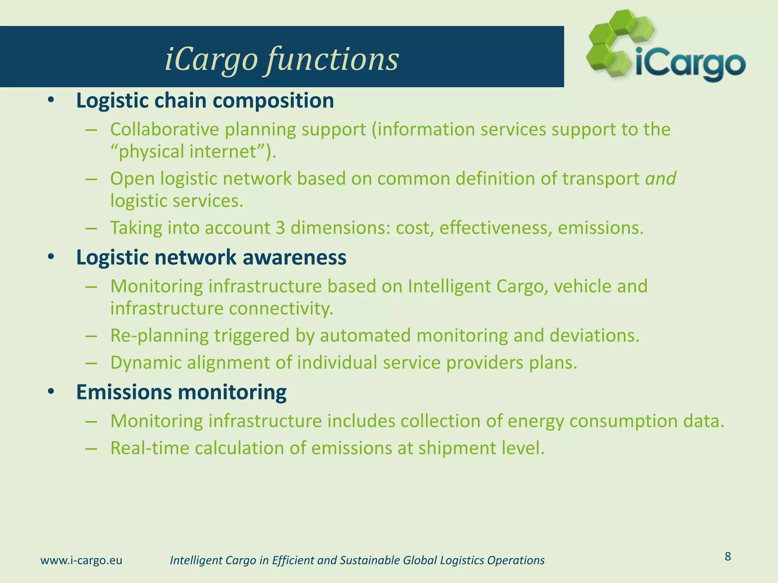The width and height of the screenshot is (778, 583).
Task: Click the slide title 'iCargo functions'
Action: (x=281, y=59)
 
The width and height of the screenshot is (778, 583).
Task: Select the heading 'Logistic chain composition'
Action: (x=205, y=101)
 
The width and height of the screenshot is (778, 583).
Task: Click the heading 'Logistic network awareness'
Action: (x=211, y=257)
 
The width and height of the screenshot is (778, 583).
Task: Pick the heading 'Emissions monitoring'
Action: (x=181, y=392)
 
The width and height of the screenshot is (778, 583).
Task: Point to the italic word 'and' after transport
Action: (x=661, y=178)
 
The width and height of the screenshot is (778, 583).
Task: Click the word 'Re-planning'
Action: (x=159, y=336)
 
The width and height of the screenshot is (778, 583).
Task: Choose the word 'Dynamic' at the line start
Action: (x=145, y=362)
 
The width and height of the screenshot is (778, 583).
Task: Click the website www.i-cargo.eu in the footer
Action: (x=81, y=560)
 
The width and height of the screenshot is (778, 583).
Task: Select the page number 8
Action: (x=728, y=556)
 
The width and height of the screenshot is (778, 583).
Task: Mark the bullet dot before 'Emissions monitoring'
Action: (x=51, y=392)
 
